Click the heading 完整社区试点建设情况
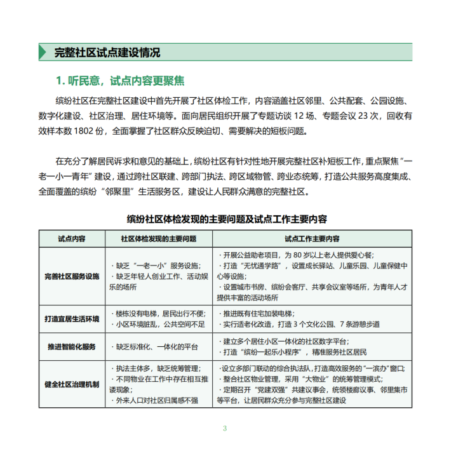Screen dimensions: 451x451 [107, 52]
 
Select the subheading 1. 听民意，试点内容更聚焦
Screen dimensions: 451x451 [120, 81]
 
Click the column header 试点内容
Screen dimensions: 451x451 [72, 239]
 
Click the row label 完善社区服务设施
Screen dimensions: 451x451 [72, 276]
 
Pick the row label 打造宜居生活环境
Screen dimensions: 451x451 [72, 318]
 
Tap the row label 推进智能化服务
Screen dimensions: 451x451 [72, 347]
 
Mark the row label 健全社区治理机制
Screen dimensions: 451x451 [72, 384]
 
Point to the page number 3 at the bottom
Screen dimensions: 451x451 [225, 427]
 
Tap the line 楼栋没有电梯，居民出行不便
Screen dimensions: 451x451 [160, 313]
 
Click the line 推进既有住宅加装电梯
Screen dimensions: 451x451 [261, 313]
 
